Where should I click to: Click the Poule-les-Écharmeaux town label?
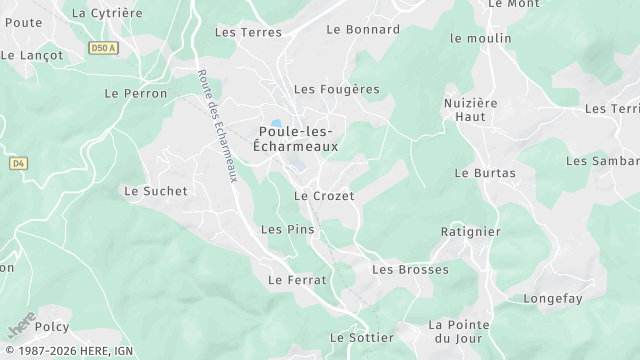coord(296,138)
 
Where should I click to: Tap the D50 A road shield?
coord(101,47)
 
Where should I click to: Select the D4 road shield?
coord(18,162)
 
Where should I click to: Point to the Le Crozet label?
coord(324,196)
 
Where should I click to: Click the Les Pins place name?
coord(287,229)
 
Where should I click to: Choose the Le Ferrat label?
coord(297,280)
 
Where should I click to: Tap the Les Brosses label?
coord(410,269)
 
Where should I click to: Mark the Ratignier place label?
coord(470,231)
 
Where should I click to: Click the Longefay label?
coord(552,297)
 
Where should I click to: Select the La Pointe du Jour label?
coord(459,331)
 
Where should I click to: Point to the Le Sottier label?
coord(361,337)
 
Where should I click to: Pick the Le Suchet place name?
coord(149,190)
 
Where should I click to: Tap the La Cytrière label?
coord(107,13)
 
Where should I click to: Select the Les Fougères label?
coord(336,89)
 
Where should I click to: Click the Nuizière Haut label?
coord(470,109)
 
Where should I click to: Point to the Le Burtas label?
coord(485,172)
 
